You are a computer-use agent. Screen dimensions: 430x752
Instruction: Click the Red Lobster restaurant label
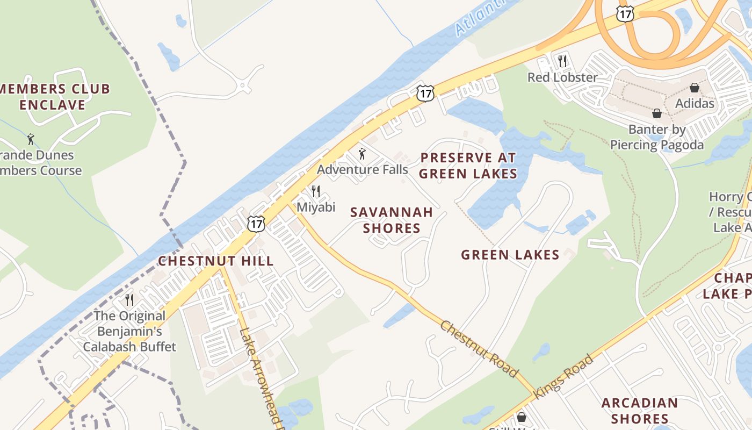pyautogui.click(x=562, y=77)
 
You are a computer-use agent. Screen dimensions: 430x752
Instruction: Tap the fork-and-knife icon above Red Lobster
pyautogui.click(x=562, y=61)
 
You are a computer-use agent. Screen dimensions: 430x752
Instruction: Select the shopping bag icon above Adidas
pyautogui.click(x=695, y=87)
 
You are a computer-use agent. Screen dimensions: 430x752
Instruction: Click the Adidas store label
pyautogui.click(x=695, y=103)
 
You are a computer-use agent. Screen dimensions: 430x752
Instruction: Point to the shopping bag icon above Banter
pyautogui.click(x=656, y=113)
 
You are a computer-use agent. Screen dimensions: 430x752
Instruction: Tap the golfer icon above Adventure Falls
pyautogui.click(x=362, y=154)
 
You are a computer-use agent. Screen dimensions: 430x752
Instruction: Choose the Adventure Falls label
pyautogui.click(x=362, y=170)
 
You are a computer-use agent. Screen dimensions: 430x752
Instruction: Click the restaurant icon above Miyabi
pyautogui.click(x=316, y=191)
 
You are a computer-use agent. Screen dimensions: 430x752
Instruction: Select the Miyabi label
pyautogui.click(x=316, y=207)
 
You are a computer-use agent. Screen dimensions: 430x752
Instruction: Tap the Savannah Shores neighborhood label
pyautogui.click(x=392, y=220)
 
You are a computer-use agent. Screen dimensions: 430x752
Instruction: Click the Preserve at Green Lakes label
pyautogui.click(x=468, y=166)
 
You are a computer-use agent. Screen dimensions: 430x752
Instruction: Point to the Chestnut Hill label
pyautogui.click(x=216, y=261)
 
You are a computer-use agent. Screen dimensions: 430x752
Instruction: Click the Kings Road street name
pyautogui.click(x=564, y=376)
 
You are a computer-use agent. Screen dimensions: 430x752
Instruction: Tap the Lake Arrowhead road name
pyautogui.click(x=260, y=376)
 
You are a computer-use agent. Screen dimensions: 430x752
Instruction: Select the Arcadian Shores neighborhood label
pyautogui.click(x=639, y=411)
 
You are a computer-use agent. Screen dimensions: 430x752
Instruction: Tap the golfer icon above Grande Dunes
pyautogui.click(x=31, y=139)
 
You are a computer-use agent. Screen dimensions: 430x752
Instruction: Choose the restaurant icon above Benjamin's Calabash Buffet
pyautogui.click(x=129, y=299)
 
